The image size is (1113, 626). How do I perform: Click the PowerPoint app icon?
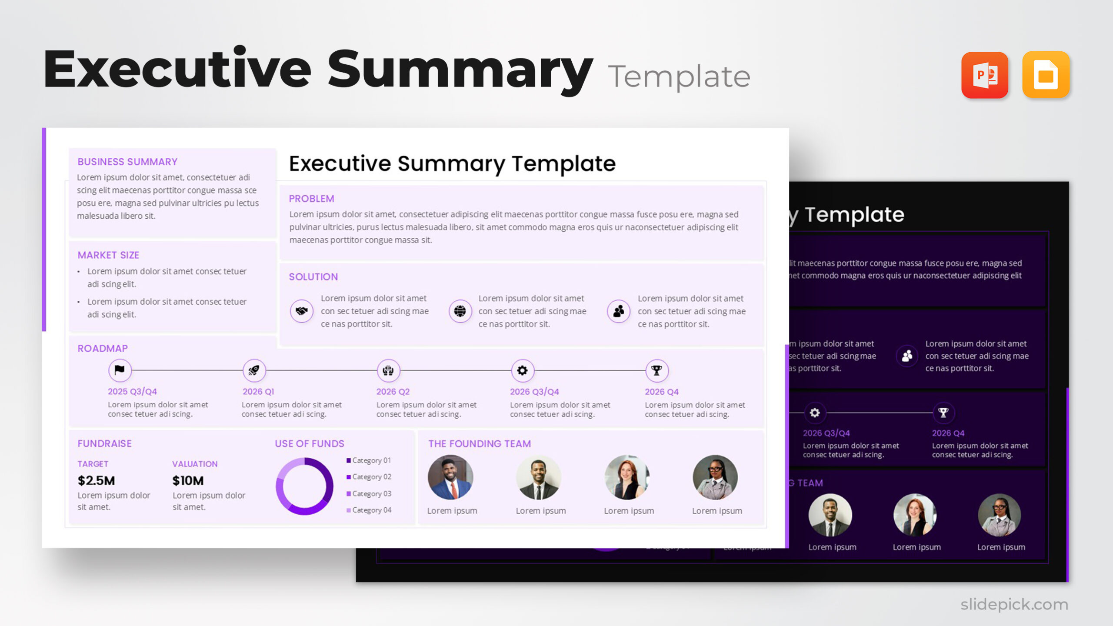(x=985, y=75)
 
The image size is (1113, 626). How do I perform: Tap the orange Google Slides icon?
(x=1046, y=75)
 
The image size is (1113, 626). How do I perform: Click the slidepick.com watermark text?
(x=1014, y=604)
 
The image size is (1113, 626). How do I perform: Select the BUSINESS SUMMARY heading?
(x=127, y=162)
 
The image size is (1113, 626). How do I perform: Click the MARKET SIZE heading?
(x=108, y=255)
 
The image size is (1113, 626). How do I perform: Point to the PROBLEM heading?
(x=311, y=199)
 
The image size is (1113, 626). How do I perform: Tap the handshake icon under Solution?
(x=301, y=311)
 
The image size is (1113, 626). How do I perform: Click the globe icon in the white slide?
(x=460, y=311)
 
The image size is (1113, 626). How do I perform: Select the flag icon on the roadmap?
(x=120, y=370)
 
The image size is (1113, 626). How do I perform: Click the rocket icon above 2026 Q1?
(x=254, y=370)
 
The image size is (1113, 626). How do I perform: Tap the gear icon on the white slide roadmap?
(x=522, y=370)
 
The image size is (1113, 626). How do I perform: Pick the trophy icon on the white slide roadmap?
(x=656, y=370)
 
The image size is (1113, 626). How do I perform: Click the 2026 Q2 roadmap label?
(x=393, y=392)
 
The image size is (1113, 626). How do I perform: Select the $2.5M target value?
(x=96, y=480)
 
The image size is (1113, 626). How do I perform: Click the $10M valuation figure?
(x=188, y=480)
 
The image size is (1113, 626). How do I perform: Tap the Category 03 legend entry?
(x=371, y=494)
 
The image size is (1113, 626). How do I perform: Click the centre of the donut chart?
(x=304, y=486)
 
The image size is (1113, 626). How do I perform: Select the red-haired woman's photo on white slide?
(x=626, y=477)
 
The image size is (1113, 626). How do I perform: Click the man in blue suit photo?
(x=450, y=477)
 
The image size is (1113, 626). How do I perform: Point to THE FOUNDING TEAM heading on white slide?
(x=479, y=444)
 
